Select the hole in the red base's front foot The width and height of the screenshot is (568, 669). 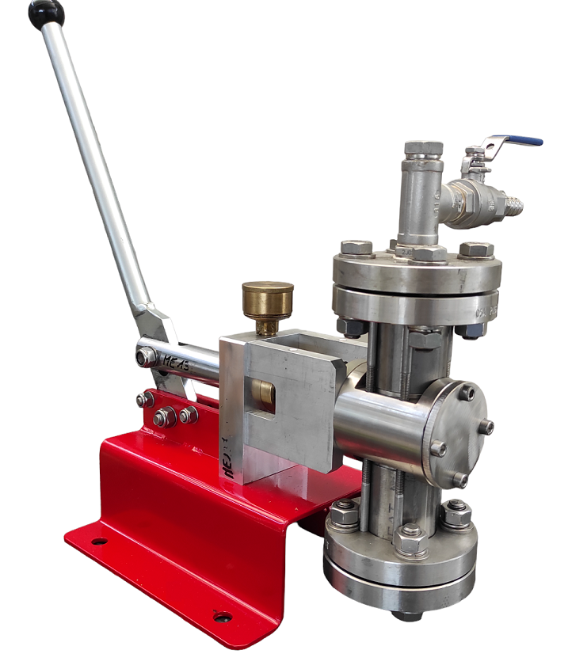point(223,616)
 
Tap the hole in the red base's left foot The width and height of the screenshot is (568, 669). point(99,542)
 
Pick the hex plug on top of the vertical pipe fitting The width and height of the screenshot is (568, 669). point(423,148)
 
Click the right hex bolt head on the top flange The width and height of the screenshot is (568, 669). point(476,249)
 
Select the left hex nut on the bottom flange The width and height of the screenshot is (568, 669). point(344,515)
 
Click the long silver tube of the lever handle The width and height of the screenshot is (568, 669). point(95,166)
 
